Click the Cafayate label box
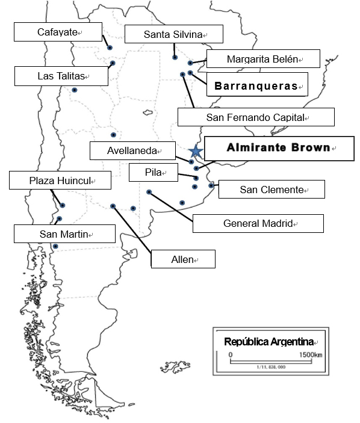pos(58,32)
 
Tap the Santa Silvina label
pos(174,34)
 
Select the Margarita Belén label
pos(264,58)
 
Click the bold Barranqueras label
pos(257,84)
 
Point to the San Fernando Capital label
pos(256,117)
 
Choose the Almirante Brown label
pos(279,149)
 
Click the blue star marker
pos(196,151)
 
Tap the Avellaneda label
pos(132,150)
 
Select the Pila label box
pos(154,172)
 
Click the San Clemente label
pos(272,190)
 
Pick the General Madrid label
pos(258,223)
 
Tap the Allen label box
pos(183,259)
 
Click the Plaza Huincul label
pos(60,180)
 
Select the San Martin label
pos(64,234)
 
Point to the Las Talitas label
pos(61,76)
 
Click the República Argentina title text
pos(269,342)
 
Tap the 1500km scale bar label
pos(311,354)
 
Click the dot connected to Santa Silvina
pos(175,57)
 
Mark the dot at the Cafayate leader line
pos(110,48)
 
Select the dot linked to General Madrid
pos(149,192)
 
